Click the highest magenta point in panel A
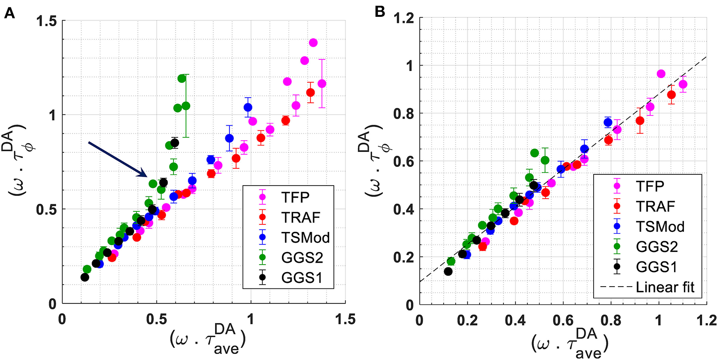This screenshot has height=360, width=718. [x=313, y=43]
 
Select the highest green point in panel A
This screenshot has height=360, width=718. [x=182, y=78]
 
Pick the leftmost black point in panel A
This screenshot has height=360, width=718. [x=85, y=277]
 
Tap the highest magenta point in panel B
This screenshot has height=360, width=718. [x=661, y=73]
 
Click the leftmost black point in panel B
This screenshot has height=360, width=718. [x=448, y=271]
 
